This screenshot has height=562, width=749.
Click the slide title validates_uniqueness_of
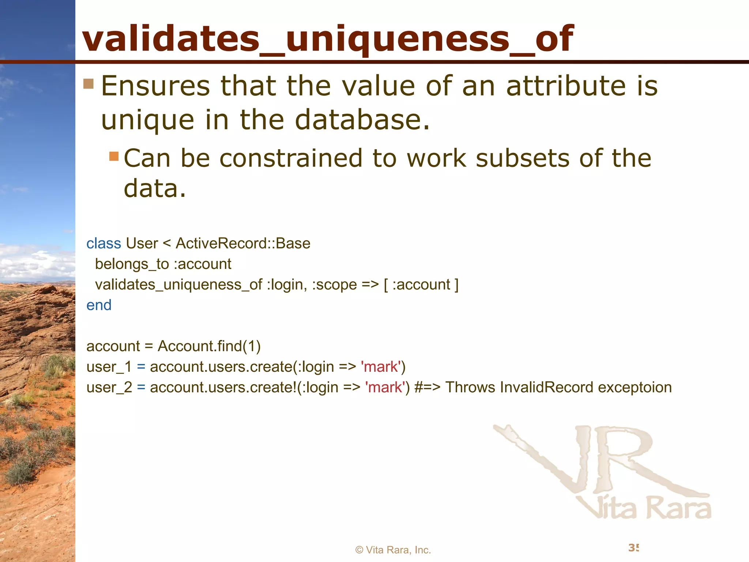[x=328, y=38]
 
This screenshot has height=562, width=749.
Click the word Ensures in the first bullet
[x=155, y=86]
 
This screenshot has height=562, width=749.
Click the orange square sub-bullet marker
[x=114, y=156]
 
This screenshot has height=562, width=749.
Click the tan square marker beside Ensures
[x=89, y=84]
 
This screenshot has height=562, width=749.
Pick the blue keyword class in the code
[x=103, y=243]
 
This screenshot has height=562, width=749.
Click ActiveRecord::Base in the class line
[x=243, y=243]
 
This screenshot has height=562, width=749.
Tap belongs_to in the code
[x=132, y=264]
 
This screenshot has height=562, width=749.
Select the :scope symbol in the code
[x=334, y=285]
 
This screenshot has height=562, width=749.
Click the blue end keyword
[x=99, y=305]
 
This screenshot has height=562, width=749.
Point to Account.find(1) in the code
[x=209, y=346]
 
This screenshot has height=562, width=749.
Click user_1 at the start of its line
[x=109, y=367]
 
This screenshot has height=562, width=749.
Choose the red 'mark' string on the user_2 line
[x=385, y=387]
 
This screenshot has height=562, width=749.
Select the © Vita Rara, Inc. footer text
[x=393, y=550]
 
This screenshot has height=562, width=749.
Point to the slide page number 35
[x=633, y=548]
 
